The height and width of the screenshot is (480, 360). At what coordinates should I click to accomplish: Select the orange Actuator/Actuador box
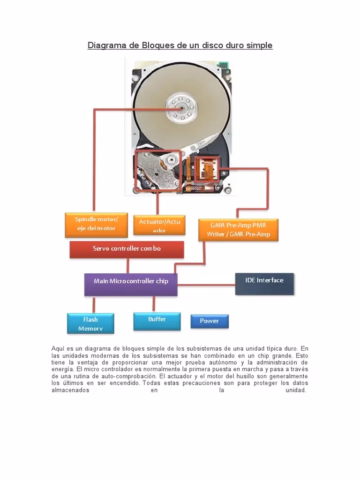[x=159, y=225]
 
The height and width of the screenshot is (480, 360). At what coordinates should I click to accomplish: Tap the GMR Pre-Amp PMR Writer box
[x=239, y=230]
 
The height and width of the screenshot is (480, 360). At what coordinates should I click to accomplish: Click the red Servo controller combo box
[x=127, y=249]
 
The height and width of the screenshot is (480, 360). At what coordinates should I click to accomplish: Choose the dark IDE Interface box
[x=264, y=283]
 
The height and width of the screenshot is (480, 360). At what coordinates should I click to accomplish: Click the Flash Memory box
[x=90, y=323]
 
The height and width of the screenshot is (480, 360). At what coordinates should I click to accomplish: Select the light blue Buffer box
[x=157, y=321]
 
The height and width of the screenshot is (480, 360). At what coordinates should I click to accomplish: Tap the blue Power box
[x=209, y=321]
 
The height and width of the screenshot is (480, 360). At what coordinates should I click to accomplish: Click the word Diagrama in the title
[x=105, y=45]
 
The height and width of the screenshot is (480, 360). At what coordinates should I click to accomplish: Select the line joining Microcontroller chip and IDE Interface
[x=206, y=285]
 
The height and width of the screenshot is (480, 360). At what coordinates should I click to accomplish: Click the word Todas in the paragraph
[x=152, y=383]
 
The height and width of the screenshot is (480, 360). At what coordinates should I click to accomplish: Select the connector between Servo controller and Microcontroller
[x=127, y=266]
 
